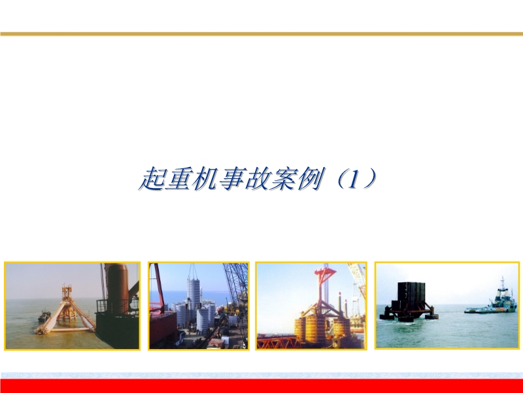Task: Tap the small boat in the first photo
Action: pyautogui.click(x=44, y=318)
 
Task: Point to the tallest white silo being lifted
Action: pyautogui.click(x=194, y=292)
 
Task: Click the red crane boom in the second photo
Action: pyautogui.click(x=157, y=285)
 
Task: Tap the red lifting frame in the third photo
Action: pyautogui.click(x=324, y=288)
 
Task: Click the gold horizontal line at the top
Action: pyautogui.click(x=261, y=33)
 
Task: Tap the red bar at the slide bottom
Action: pyautogui.click(x=261, y=386)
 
